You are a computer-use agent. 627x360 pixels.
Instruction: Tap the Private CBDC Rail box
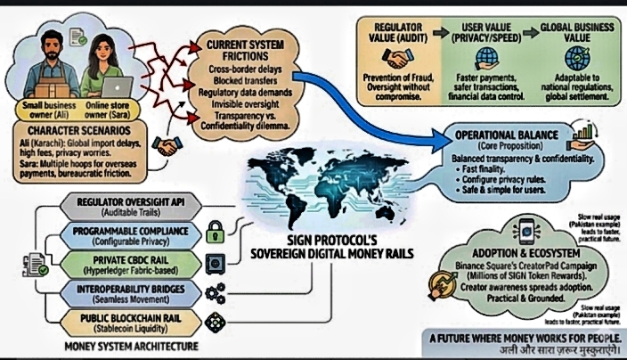point(126,263)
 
